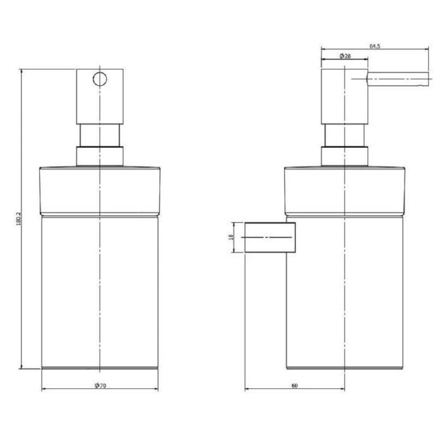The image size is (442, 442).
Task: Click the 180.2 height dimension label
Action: click(18, 218)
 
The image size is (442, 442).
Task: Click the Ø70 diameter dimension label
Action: click(100, 385)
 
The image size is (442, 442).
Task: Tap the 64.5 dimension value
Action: click(374, 46)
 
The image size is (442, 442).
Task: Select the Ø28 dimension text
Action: click(345, 56)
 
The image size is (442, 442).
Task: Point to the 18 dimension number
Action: click(232, 237)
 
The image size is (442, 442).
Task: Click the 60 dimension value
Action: click(295, 386)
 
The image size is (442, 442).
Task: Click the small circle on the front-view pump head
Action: click(100, 79)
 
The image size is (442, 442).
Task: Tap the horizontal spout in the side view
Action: click(398, 79)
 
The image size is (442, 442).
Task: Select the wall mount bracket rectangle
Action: click(270, 237)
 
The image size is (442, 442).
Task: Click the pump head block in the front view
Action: click(100, 97)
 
